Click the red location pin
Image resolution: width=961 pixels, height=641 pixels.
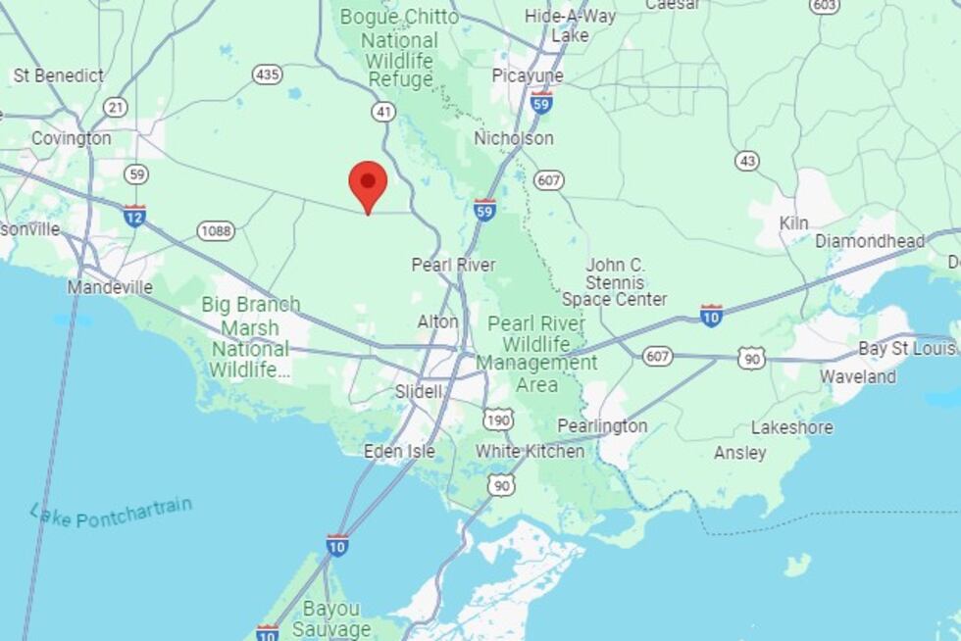point(368,185)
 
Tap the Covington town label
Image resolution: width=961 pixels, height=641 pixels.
point(71,138)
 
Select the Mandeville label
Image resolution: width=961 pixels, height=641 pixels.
point(110,287)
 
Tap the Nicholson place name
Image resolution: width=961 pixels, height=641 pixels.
point(514,138)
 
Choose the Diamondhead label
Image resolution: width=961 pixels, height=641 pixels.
point(870,241)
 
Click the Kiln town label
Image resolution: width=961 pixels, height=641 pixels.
point(793,223)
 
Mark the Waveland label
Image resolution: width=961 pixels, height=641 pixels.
point(858,376)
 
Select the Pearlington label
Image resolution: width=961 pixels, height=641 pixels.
point(602,425)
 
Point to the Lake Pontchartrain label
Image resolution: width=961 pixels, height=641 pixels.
point(110,513)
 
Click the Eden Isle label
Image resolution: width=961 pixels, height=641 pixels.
point(399,451)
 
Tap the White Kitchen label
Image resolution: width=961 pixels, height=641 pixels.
point(530,451)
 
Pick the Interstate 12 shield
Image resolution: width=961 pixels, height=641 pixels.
point(134,216)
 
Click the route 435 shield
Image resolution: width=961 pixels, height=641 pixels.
point(267,74)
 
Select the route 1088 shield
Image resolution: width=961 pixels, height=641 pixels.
point(216,231)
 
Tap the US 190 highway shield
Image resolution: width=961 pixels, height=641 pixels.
point(498,419)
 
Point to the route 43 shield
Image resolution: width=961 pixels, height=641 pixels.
point(748,160)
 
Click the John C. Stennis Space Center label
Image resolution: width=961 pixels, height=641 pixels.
point(615,282)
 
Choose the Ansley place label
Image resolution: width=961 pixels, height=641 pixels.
point(740,453)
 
